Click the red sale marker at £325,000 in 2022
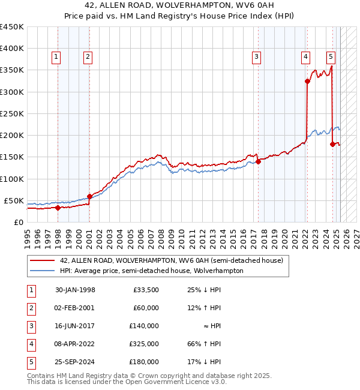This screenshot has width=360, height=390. [x=307, y=81]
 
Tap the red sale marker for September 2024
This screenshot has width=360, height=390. [x=332, y=144]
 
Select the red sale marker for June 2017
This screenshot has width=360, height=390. [x=258, y=161]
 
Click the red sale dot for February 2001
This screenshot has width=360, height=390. [x=89, y=196]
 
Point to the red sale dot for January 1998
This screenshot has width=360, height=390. [x=58, y=208]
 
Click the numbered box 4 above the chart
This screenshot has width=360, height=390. [x=305, y=57]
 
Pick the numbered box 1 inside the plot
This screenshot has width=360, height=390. [x=56, y=57]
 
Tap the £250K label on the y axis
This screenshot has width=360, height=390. [x=11, y=113]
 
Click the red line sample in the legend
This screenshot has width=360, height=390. [x=42, y=260]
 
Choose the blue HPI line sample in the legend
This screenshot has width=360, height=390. [x=42, y=271]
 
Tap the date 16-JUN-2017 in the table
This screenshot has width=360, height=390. [x=75, y=326]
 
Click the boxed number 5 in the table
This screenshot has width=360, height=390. [x=31, y=362]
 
